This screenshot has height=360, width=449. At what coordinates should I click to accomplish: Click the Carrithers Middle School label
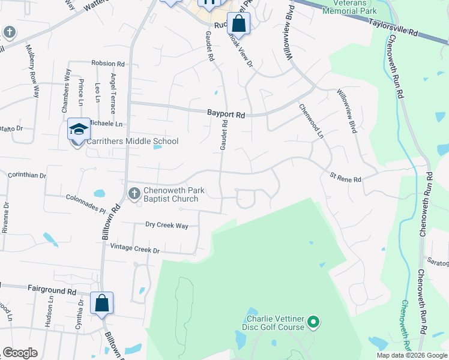pyautogui.click(x=132, y=141)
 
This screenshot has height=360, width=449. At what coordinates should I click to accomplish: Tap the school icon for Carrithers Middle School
pyautogui.click(x=79, y=129)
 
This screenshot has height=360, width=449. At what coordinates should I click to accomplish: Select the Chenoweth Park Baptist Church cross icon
pyautogui.click(x=134, y=193)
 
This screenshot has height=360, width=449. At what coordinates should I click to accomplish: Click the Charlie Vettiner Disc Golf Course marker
pyautogui.click(x=312, y=323)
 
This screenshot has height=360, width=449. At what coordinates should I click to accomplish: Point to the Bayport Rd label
pyautogui.click(x=226, y=113)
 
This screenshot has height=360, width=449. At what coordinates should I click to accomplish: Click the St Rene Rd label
pyautogui.click(x=345, y=178)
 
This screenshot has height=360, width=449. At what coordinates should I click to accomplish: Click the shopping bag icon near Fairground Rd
pyautogui.click(x=102, y=303)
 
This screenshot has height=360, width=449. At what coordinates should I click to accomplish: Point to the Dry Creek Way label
pyautogui.click(x=167, y=226)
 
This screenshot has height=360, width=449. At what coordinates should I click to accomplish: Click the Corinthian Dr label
pyautogui.click(x=27, y=175)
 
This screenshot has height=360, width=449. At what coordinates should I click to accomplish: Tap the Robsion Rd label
pyautogui.click(x=107, y=63)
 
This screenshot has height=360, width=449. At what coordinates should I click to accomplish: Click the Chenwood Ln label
pyautogui.click(x=311, y=121)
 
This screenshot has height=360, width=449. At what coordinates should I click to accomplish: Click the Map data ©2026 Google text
pyautogui.click(x=411, y=355)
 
